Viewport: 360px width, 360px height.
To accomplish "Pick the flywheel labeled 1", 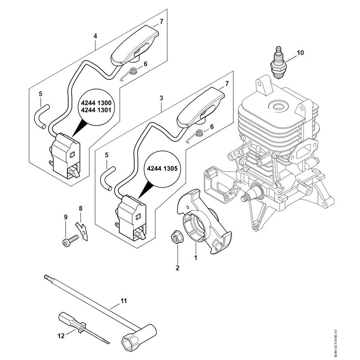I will (x=204, y=223).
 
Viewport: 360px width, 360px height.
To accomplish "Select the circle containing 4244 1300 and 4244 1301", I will (x=95, y=106).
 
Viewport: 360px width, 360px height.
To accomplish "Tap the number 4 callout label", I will (x=95, y=36).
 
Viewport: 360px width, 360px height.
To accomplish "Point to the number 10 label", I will (x=300, y=53).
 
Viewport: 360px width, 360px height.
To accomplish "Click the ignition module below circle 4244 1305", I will (x=132, y=216).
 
